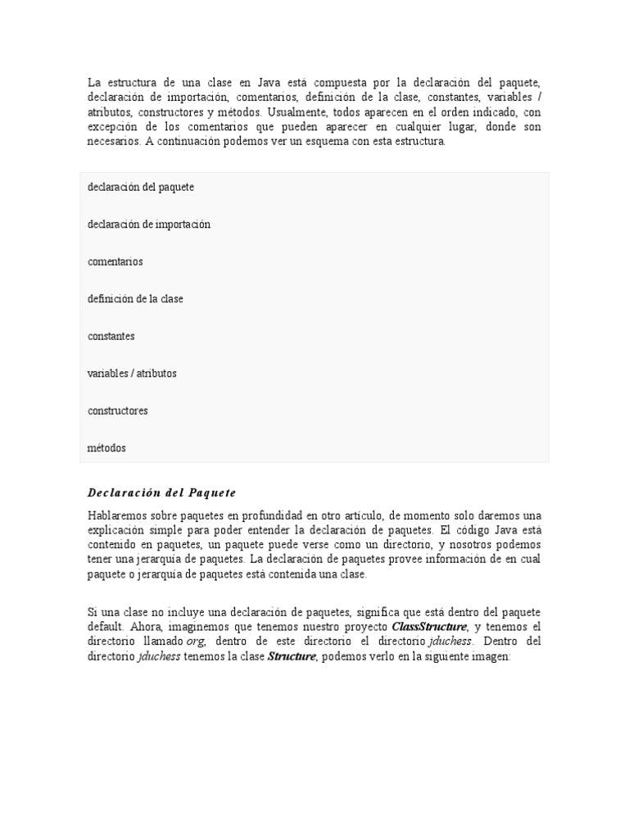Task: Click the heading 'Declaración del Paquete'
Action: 161,492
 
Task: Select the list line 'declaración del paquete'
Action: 141,188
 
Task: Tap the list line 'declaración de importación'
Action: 149,224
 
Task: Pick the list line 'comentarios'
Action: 115,262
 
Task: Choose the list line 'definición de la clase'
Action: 135,299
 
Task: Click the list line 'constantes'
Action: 111,337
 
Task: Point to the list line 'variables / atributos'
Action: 132,374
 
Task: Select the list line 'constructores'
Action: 118,411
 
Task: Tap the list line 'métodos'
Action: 107,448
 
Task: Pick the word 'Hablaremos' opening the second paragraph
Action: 119,515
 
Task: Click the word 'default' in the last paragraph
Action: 106,627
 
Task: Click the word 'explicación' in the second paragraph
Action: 117,530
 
